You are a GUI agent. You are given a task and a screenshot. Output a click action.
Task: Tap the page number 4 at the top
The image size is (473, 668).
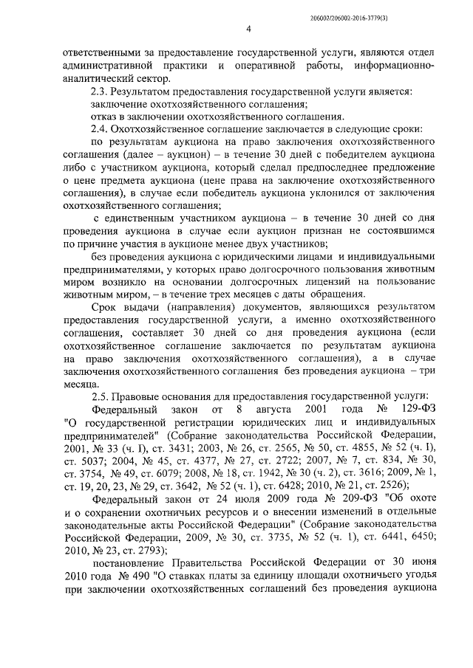(x=249, y=29)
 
